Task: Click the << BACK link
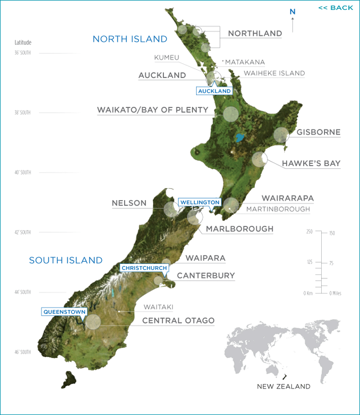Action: tap(335, 8)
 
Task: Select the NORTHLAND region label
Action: tap(255, 33)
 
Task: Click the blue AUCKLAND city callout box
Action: tap(214, 90)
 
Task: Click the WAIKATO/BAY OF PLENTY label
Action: tap(152, 110)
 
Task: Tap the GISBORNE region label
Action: tap(318, 132)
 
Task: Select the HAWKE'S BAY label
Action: tap(311, 163)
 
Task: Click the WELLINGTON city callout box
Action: tap(199, 203)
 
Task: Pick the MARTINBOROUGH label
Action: tap(278, 209)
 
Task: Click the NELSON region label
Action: tap(129, 203)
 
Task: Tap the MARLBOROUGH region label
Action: tap(239, 229)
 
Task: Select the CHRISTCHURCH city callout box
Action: tap(144, 268)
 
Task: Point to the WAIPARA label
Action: tap(205, 258)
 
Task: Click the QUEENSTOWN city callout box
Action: tap(65, 312)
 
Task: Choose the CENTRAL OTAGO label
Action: tap(178, 320)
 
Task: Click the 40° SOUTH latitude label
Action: tap(23, 172)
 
